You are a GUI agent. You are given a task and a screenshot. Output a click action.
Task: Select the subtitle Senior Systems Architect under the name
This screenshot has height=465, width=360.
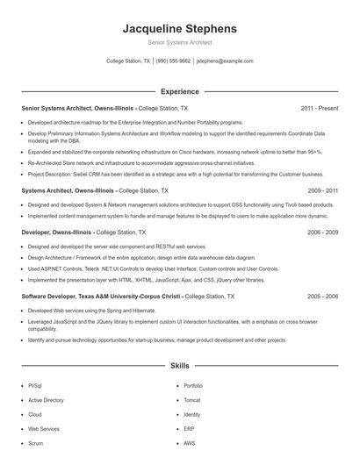(x=179, y=42)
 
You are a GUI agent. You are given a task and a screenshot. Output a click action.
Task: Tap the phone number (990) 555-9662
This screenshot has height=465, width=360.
(x=173, y=61)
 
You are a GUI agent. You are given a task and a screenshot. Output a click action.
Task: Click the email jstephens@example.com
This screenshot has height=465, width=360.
(x=225, y=61)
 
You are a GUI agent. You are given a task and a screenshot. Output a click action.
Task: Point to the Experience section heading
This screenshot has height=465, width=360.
(x=179, y=90)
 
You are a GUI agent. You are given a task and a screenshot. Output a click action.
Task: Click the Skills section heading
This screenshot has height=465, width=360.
(x=179, y=364)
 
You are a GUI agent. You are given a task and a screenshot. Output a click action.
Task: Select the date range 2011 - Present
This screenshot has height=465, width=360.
(x=319, y=108)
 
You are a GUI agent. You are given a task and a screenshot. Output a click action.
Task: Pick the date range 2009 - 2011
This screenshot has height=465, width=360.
(x=322, y=190)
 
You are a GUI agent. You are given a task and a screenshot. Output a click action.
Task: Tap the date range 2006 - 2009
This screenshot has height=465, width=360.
(x=322, y=232)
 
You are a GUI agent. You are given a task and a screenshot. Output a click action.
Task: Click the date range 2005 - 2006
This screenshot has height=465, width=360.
(x=322, y=297)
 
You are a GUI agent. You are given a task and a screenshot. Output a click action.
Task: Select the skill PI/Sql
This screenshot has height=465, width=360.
(x=34, y=385)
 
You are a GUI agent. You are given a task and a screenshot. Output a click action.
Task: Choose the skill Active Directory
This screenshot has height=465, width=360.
(x=46, y=400)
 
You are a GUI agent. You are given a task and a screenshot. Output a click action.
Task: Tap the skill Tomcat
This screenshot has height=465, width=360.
(x=192, y=400)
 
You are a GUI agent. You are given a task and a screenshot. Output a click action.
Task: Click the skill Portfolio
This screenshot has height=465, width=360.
(x=193, y=385)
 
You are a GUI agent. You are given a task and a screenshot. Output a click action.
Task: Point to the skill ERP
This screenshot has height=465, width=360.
(x=189, y=429)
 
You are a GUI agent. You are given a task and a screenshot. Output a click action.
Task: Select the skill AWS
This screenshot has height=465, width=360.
(x=190, y=444)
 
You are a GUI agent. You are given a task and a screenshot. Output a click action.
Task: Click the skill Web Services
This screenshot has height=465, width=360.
(x=44, y=429)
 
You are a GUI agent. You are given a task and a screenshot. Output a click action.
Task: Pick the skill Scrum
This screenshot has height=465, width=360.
(x=35, y=444)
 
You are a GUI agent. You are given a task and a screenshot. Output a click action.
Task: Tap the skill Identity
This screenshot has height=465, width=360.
(x=192, y=414)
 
